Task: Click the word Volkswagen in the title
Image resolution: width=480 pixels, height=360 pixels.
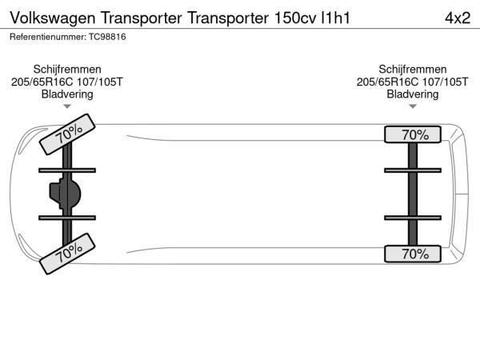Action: pos(53,18)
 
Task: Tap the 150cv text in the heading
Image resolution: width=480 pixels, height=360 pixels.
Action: pos(295,18)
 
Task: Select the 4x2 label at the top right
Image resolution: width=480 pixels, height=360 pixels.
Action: pos(458,18)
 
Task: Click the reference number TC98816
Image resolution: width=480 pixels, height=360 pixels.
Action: pos(107,37)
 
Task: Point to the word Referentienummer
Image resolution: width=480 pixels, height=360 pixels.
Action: pos(48,37)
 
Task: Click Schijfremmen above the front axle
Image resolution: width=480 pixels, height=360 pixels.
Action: pos(67,70)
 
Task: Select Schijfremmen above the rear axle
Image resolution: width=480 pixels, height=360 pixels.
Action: pos(412,70)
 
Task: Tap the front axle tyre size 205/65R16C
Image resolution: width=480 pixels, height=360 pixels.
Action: pos(42,82)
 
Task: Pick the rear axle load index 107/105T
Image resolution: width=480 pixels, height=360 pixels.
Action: pos(445,82)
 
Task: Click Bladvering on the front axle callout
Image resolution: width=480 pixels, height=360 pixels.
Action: pos(67,94)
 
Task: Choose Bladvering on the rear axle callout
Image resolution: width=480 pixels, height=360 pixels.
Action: pos(412,94)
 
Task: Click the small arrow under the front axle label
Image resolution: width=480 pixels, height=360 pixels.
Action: pos(67,106)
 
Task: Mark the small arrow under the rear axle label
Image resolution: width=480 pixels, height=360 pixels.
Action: pos(413,106)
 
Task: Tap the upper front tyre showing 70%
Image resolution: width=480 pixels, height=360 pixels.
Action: pos(67,134)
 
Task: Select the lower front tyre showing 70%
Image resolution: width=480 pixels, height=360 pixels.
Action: pos(67,254)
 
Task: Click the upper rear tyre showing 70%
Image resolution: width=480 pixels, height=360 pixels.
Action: pos(413,134)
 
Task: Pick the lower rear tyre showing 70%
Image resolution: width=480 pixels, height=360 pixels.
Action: pos(413,254)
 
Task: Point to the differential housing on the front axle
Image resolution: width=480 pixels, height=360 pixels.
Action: pos(65,194)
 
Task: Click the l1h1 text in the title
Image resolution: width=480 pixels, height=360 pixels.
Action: pos(335,18)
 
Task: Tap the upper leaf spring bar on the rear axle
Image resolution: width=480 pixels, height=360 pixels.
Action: pos(413,170)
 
